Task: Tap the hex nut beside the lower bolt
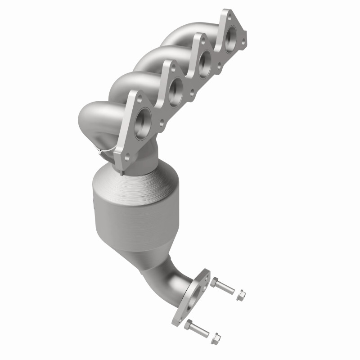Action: tap(216, 336)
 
